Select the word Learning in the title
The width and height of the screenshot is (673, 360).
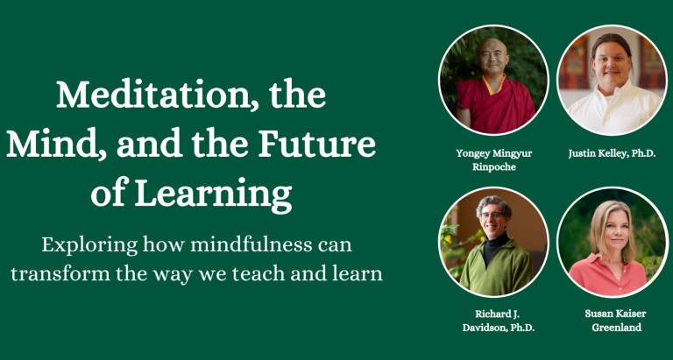tap(213, 194)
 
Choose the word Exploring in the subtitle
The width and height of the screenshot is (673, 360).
tap(89, 246)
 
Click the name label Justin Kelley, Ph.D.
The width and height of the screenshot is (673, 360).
tap(612, 154)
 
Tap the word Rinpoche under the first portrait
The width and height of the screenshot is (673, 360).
tap(493, 167)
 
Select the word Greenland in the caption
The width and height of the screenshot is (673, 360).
tap(616, 328)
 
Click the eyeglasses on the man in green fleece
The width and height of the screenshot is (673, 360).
tap(492, 215)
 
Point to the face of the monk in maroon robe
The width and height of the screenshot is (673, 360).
tap(492, 58)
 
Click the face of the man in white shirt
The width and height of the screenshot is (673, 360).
tap(611, 63)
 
